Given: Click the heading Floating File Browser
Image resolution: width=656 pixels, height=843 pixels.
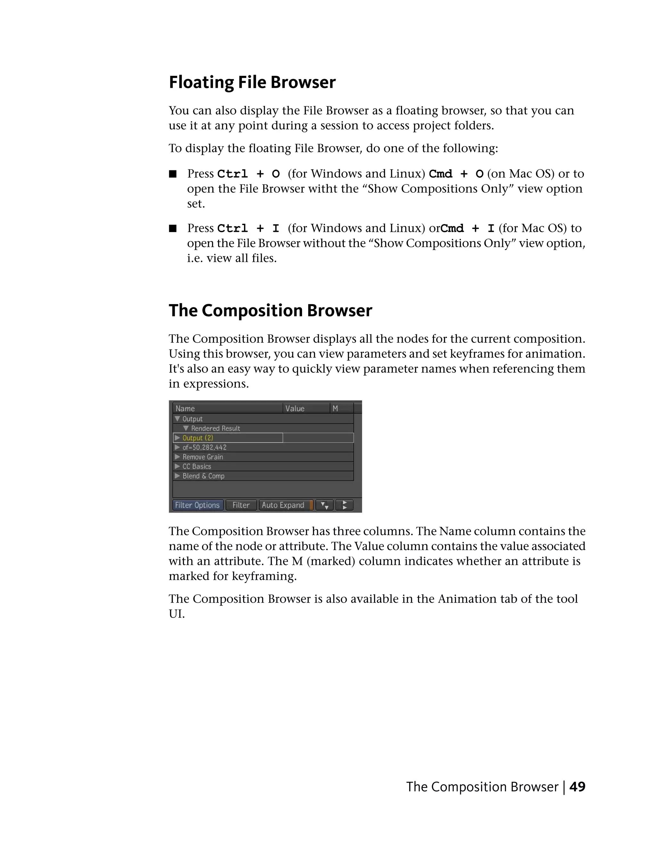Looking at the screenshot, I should pos(252,82).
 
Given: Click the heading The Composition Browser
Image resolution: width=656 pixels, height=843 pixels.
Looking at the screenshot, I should pos(270,310).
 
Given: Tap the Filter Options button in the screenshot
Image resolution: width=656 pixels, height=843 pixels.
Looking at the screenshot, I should pos(197,505).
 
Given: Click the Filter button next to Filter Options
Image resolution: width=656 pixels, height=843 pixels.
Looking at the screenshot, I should pos(241,505).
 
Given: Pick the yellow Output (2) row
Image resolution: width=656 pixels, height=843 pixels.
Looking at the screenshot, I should pos(198,438).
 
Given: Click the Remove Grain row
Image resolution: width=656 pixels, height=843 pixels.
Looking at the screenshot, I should pos(203,457).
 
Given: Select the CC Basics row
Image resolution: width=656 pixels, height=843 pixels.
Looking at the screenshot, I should pos(197,466).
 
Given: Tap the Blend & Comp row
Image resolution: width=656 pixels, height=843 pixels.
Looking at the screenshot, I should pos(203,476).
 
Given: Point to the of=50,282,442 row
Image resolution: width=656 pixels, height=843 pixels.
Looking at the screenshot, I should pos(205,447).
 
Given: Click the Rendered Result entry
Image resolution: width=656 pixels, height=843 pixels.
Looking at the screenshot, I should pos(216,428).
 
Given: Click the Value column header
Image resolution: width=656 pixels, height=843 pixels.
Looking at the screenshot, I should pos(295,409).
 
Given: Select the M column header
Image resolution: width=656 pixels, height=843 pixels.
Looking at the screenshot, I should pos(335,409).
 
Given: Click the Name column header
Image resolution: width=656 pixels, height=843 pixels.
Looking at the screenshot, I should pos(185,409).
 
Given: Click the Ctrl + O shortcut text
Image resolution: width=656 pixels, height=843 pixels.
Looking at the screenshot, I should pos(248,174).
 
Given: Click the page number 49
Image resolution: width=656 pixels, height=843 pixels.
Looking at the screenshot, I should pos(577,787).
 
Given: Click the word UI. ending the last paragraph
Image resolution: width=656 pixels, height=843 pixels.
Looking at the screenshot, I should pos(177,614).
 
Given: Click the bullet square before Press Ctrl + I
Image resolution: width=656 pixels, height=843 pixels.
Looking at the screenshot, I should pos(173,229).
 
